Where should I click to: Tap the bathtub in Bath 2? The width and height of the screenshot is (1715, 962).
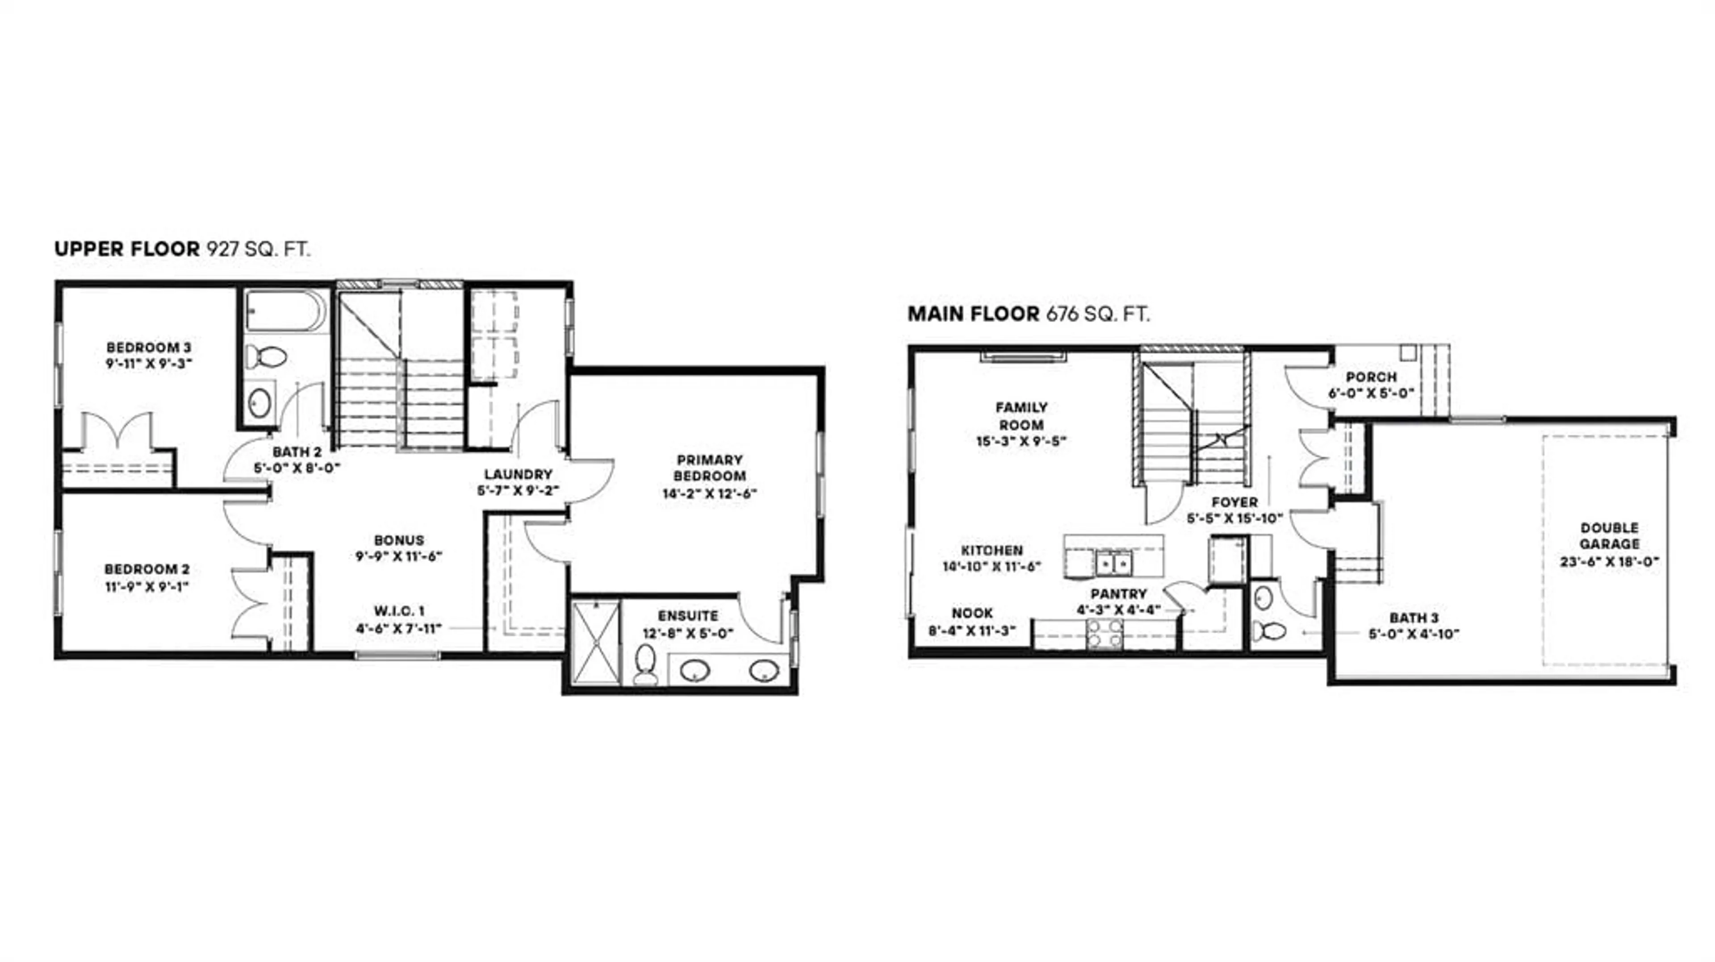(285, 311)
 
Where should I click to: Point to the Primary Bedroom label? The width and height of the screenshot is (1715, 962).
(709, 468)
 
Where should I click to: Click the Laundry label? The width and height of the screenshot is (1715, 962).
(518, 474)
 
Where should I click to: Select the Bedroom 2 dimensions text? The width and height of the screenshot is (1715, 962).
(146, 587)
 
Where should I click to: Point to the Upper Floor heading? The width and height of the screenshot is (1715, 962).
(126, 249)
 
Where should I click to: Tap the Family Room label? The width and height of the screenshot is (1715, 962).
(1021, 416)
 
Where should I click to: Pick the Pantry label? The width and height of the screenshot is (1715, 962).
(1118, 593)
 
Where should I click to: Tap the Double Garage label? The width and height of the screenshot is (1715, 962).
(1609, 535)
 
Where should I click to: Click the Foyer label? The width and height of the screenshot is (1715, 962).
(1234, 502)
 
